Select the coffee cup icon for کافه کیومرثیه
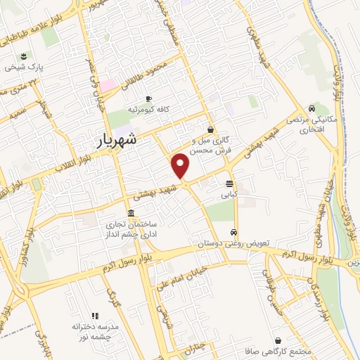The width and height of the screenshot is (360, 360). coord(148,99)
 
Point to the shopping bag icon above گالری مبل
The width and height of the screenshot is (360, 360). coord(210,129)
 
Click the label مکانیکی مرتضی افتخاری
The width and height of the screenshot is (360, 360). coord(304,125)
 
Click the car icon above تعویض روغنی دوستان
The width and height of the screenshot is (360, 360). coord(233,232)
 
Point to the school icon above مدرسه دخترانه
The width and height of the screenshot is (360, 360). coord(96,316)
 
